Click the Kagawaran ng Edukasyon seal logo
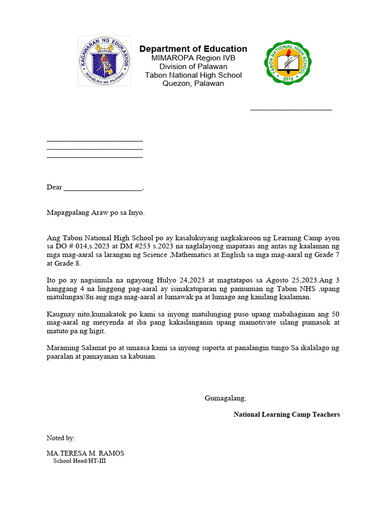click(x=104, y=60)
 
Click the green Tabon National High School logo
click(x=288, y=62)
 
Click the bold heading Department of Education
click(x=193, y=49)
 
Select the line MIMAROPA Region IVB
click(x=193, y=58)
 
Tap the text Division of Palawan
click(x=193, y=67)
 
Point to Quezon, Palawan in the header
click(x=193, y=84)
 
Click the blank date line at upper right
click(x=291, y=108)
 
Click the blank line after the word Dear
click(x=103, y=188)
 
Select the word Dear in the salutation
click(x=54, y=187)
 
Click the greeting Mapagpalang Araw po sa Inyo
click(x=95, y=213)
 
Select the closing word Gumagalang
click(x=225, y=398)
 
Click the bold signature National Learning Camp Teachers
click(x=286, y=414)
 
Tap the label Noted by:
click(x=60, y=438)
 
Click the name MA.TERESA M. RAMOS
click(x=85, y=453)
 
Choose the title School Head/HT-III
click(x=80, y=461)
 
